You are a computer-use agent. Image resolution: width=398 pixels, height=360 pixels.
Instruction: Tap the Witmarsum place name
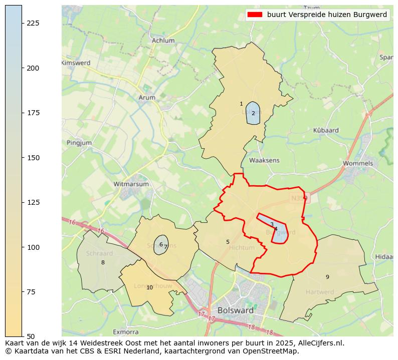click(131, 184)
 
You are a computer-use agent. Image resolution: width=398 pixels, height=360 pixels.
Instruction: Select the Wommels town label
click(358, 163)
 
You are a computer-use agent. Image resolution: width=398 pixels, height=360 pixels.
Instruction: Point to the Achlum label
click(163, 41)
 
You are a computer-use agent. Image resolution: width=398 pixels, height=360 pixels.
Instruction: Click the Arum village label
click(147, 98)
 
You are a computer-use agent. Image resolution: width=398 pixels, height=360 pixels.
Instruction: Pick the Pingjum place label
click(79, 143)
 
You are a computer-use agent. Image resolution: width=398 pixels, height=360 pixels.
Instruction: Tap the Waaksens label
click(264, 160)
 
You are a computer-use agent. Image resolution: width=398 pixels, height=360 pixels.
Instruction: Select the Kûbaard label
click(326, 130)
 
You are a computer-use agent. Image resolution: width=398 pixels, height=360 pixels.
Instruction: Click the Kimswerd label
click(76, 63)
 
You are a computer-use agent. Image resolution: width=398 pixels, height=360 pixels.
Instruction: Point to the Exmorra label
click(125, 331)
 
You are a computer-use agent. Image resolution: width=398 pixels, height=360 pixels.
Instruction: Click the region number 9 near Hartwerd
click(327, 277)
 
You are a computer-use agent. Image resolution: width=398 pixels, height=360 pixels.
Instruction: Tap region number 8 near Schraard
click(103, 262)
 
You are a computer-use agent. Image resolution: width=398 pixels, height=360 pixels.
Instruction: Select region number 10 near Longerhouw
click(149, 287)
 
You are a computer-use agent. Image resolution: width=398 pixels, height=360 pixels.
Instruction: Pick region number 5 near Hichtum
click(228, 242)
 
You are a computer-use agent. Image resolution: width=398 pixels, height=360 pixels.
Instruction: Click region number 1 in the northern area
click(241, 104)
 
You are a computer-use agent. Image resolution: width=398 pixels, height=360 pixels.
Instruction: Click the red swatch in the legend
click(255, 15)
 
